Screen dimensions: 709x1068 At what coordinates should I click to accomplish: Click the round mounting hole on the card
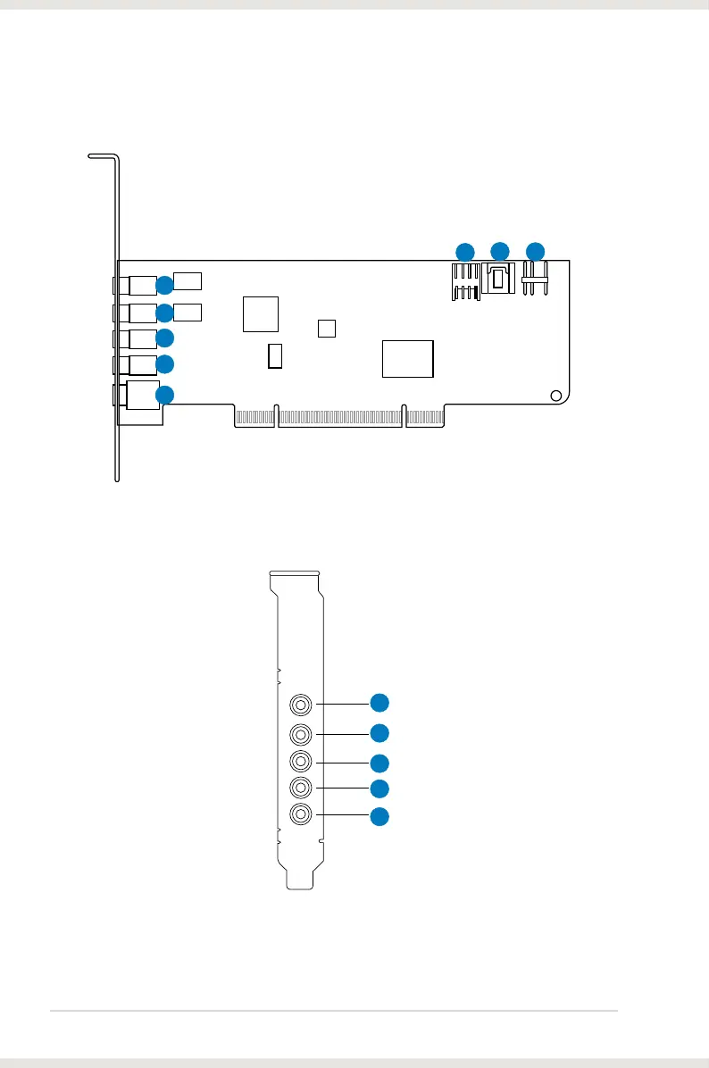[x=555, y=396]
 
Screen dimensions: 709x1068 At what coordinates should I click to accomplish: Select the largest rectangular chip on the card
[x=407, y=358]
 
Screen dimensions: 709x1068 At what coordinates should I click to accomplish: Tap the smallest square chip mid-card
[x=327, y=328]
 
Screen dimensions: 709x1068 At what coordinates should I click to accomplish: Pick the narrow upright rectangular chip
[x=275, y=355]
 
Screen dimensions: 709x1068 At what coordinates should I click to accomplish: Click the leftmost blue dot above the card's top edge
[x=464, y=251]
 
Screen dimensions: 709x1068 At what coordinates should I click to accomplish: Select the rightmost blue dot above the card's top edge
[x=535, y=251]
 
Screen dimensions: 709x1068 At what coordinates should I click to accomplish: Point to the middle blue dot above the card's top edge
[x=499, y=251]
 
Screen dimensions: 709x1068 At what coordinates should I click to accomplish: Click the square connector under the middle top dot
[x=498, y=280]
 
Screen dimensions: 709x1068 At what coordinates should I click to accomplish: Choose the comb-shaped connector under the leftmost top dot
[x=465, y=282]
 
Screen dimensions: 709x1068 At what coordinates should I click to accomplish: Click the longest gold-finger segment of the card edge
[x=340, y=418]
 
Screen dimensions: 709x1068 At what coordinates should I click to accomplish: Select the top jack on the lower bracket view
[x=302, y=705]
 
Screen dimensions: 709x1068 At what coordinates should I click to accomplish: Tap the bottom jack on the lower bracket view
[x=302, y=814]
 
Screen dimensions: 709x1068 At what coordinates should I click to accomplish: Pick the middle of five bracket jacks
[x=302, y=762]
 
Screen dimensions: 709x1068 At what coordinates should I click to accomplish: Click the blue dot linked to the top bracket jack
[x=380, y=702]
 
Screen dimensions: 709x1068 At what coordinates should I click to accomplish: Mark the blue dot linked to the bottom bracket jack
[x=380, y=815]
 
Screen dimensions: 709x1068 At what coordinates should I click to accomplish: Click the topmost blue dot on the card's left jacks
[x=165, y=286]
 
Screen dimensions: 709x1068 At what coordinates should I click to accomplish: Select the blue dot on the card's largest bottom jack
[x=165, y=395]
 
